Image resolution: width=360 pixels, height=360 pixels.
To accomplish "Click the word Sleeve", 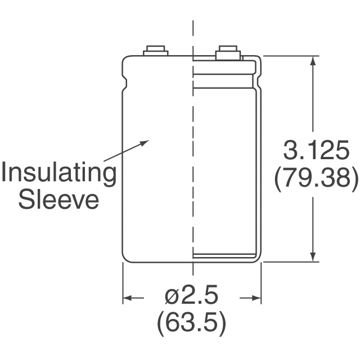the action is click(x=58, y=200).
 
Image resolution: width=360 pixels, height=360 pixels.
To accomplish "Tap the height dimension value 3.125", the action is click(x=316, y=150).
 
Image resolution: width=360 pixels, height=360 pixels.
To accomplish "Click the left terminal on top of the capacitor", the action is click(x=156, y=51).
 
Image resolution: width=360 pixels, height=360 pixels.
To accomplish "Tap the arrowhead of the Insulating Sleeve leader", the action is click(x=145, y=142).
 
